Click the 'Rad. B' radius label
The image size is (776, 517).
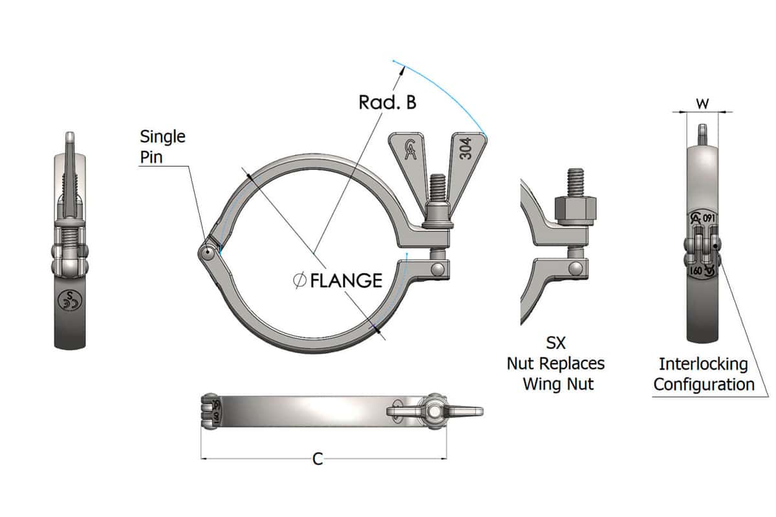point(388,101)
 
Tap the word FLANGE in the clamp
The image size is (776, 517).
point(347,280)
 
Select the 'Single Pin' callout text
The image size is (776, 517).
point(162,146)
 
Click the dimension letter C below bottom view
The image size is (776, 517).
point(318,459)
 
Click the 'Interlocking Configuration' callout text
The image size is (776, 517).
point(704,374)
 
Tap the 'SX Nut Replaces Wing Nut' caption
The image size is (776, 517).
point(557,363)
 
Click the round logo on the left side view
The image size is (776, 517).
point(67,299)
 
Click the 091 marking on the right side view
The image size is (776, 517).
point(708,218)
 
